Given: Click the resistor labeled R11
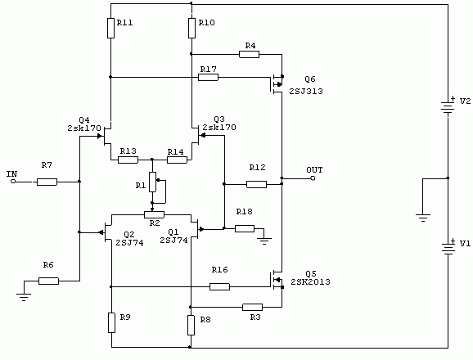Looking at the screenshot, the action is [x=110, y=28].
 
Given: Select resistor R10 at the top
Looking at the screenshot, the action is [x=191, y=28].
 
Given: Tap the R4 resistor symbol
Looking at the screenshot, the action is [x=249, y=54].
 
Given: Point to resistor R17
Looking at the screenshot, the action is [x=208, y=77].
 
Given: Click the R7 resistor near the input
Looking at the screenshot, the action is [x=47, y=182].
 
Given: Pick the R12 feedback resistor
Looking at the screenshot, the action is [x=256, y=184].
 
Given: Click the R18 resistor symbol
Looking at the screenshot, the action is [x=245, y=228].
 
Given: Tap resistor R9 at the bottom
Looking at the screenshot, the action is [x=111, y=322].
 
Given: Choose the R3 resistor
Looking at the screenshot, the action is [x=252, y=308].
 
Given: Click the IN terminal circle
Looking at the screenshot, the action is [x=13, y=182].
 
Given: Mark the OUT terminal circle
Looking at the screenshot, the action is [x=313, y=178].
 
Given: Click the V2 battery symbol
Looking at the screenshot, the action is [x=448, y=106].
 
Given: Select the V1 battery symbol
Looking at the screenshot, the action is [x=448, y=247].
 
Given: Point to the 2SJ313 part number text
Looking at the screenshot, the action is [x=306, y=91].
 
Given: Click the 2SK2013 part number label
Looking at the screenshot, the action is [x=310, y=282].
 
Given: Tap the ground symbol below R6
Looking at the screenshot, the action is [x=24, y=297].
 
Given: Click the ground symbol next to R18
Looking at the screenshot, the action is [x=264, y=241].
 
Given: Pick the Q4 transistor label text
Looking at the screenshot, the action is [x=84, y=120].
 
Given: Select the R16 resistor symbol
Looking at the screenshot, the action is [x=219, y=286].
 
